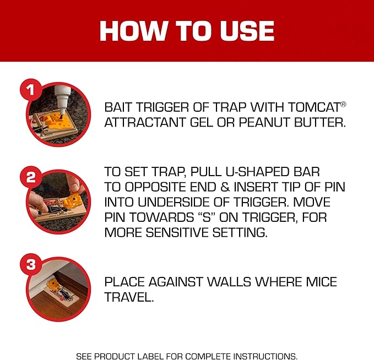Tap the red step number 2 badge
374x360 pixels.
pos(31,177)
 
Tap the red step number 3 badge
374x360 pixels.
pos(31,264)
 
